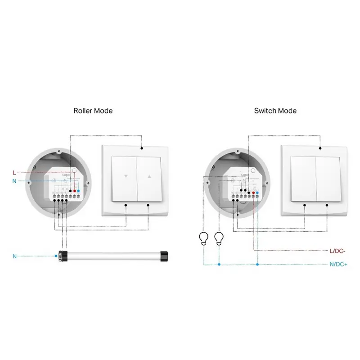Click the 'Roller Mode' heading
click(93, 110)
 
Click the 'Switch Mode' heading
click(275, 110)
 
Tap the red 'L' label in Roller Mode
click(14, 172)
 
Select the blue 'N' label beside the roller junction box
click(14, 181)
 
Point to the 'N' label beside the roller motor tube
click(14, 256)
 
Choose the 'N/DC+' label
click(338, 265)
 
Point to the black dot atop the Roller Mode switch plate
click(142, 148)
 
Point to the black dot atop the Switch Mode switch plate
click(320, 148)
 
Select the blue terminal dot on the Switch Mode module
click(257, 192)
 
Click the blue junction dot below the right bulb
click(219, 265)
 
